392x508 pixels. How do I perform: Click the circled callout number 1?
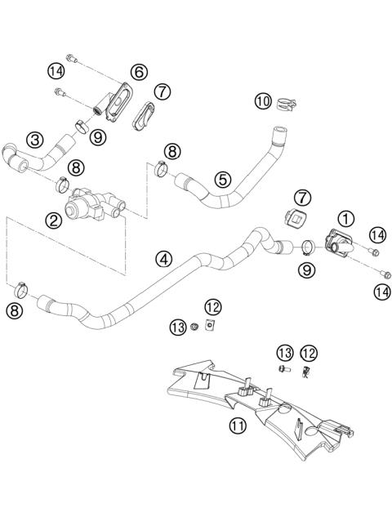pos(346,218)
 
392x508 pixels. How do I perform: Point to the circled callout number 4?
pos(166,259)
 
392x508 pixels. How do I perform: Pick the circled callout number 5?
pos(221,177)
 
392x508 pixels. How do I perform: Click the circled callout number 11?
pos(238,426)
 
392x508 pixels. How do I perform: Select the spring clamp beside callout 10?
pos(285,105)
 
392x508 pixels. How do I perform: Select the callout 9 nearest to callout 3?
pos(98,138)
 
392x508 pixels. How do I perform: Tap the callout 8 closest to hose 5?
pos(172,150)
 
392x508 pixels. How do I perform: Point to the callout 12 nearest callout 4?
pos(212,307)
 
